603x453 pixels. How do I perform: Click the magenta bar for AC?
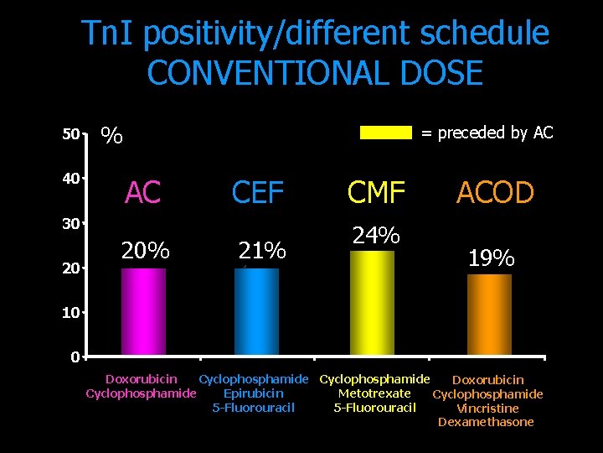click(x=143, y=311)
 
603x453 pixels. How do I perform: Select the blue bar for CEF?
click(x=257, y=311)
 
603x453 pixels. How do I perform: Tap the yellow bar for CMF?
click(x=372, y=303)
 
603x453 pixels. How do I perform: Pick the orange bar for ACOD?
click(x=489, y=315)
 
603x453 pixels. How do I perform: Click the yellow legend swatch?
click(x=386, y=133)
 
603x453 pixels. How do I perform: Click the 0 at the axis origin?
click(x=75, y=357)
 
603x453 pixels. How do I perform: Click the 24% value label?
click(x=376, y=236)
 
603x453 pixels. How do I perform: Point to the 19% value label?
click(x=491, y=258)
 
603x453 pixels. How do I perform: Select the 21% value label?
click(x=262, y=250)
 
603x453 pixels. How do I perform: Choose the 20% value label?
click(x=146, y=250)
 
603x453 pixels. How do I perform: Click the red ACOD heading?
click(x=495, y=193)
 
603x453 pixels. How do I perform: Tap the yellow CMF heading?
click(x=377, y=193)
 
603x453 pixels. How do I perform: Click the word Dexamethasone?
click(x=486, y=422)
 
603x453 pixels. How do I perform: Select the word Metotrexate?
click(x=374, y=393)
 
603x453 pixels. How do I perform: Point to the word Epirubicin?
click(x=254, y=393)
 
